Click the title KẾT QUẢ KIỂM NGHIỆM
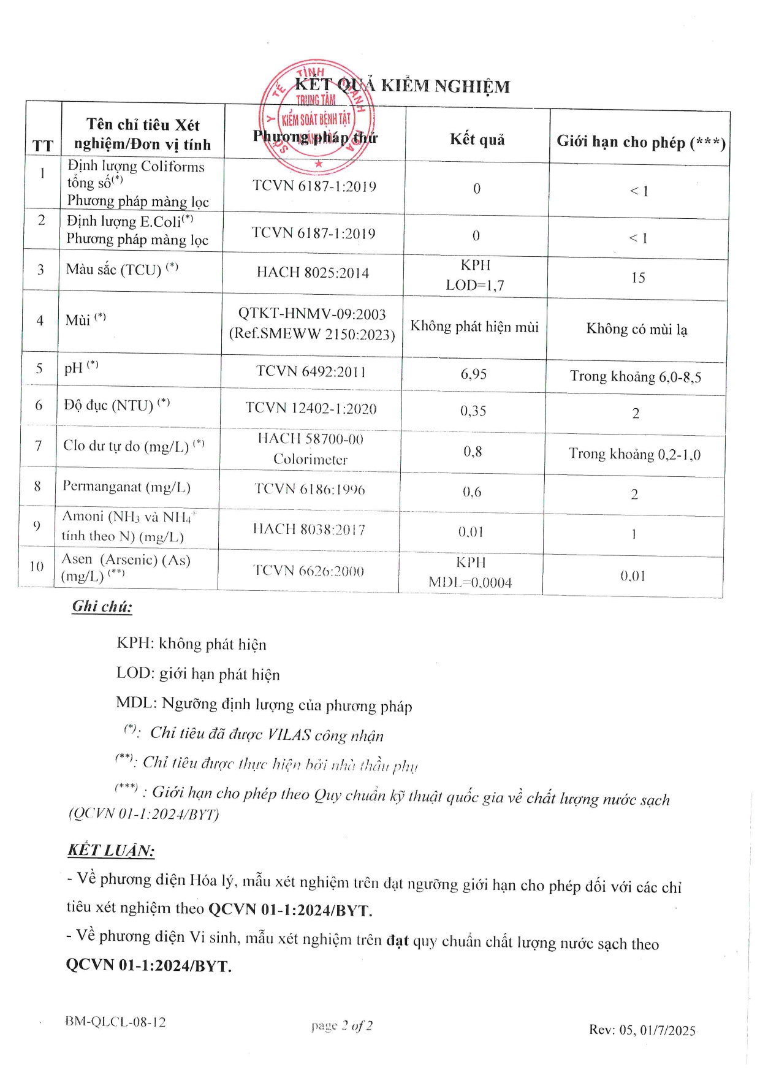(x=402, y=86)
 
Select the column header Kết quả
(x=477, y=140)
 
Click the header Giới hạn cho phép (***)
(x=640, y=142)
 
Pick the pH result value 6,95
(x=474, y=374)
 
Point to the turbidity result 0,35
(x=473, y=411)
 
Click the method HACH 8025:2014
(x=313, y=273)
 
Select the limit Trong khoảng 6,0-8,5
(x=636, y=376)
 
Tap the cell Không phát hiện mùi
(x=474, y=326)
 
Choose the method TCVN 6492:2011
(x=311, y=371)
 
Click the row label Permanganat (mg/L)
(x=126, y=487)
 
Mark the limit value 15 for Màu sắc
(x=638, y=278)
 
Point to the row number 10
(x=37, y=566)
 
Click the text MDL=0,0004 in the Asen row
(x=470, y=582)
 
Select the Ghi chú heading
(x=102, y=607)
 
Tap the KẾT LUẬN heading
(x=111, y=850)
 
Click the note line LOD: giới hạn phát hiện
(x=198, y=674)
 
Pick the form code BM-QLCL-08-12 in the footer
(x=115, y=1022)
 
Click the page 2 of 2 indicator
(x=341, y=1025)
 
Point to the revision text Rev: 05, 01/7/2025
(x=642, y=1030)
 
